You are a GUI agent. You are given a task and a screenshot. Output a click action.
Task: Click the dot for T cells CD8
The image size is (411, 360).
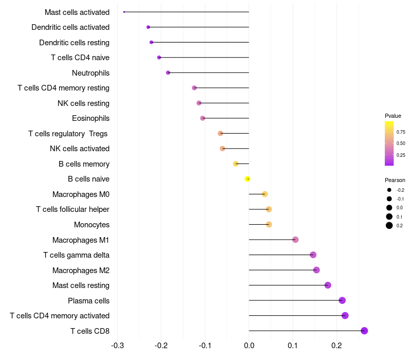[x=364, y=331]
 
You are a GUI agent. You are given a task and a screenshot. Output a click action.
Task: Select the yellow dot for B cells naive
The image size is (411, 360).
[x=248, y=179]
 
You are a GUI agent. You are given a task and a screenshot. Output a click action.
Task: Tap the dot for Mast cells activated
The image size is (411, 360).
[x=124, y=12]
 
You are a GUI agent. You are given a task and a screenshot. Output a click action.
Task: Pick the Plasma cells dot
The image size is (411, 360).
[x=342, y=300]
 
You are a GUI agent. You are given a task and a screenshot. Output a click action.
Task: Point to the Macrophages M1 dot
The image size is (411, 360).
[x=295, y=240]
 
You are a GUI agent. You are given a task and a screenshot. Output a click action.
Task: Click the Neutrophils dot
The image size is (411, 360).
[x=168, y=73]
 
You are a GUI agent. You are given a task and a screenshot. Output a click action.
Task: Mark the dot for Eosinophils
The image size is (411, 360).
[x=202, y=118]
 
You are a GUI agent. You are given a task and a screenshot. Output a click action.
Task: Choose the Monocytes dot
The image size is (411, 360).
[x=269, y=224]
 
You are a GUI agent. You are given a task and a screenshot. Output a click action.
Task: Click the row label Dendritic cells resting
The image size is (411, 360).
[x=74, y=42]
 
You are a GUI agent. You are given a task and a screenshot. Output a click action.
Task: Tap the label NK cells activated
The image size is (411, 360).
[x=80, y=149]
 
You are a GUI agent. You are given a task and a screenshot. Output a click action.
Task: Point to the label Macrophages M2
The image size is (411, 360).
[x=81, y=270]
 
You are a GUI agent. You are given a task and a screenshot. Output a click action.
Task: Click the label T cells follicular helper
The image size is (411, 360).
[x=72, y=209]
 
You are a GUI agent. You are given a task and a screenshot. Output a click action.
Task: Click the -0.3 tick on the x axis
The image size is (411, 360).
[x=117, y=345]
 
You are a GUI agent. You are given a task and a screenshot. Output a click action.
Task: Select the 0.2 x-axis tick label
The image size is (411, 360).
[x=337, y=345]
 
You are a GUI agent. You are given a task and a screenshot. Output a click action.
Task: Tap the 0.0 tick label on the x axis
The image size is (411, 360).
[x=249, y=345]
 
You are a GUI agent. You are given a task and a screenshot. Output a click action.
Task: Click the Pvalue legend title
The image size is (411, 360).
[x=393, y=116]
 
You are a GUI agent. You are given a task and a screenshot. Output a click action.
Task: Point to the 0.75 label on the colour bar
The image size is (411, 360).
[x=401, y=132]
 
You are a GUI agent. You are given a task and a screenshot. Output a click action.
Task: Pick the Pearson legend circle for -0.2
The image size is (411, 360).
[x=389, y=190]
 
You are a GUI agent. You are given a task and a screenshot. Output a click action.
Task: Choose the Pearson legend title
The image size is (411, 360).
[x=395, y=180]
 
